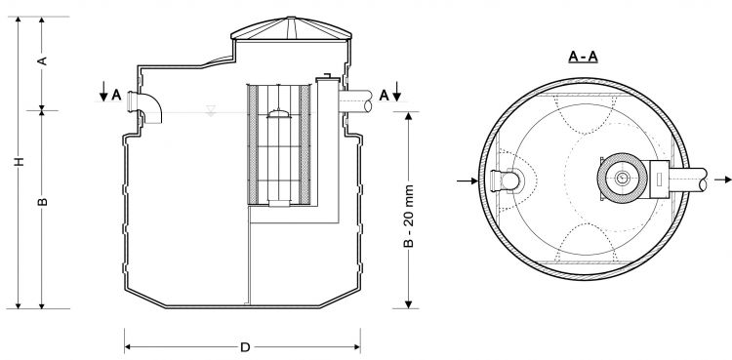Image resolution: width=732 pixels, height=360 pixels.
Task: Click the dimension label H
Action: (x=19, y=161)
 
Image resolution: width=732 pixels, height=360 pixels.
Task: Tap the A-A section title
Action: (x=583, y=57)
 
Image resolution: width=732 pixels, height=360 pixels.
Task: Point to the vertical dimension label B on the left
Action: (x=42, y=202)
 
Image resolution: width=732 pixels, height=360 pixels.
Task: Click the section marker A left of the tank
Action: (x=116, y=95)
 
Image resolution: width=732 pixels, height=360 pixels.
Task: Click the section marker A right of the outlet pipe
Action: (x=386, y=94)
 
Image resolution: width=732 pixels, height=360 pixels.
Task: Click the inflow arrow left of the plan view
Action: (x=467, y=180)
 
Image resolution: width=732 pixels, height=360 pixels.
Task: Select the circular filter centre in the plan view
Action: (x=622, y=180)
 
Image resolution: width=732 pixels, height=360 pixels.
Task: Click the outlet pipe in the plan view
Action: (x=688, y=180)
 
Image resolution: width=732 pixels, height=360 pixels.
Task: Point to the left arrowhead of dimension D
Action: (x=128, y=345)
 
